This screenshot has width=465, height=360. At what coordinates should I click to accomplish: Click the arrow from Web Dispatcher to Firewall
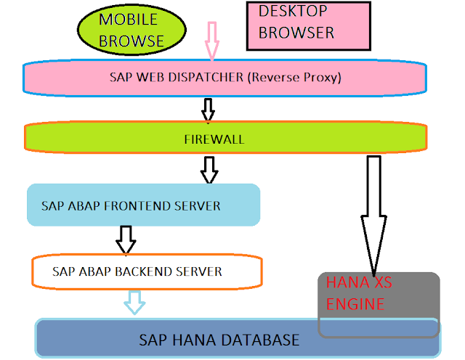[209, 110]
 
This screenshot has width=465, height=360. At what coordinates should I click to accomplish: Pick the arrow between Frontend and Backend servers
[126, 239]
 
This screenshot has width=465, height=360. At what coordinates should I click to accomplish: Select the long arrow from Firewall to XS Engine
[374, 218]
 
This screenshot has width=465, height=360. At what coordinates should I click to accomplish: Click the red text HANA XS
[354, 283]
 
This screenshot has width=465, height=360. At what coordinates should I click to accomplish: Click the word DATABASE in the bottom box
[259, 340]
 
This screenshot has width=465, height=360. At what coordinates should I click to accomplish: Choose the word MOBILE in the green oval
[128, 20]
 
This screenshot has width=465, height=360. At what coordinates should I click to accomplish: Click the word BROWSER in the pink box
[296, 33]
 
